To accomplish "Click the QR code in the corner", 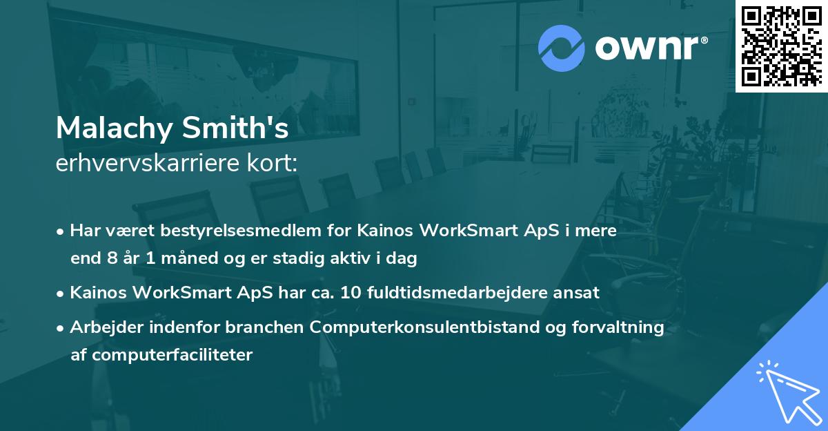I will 781,46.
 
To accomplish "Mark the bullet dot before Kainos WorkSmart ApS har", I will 61,293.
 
